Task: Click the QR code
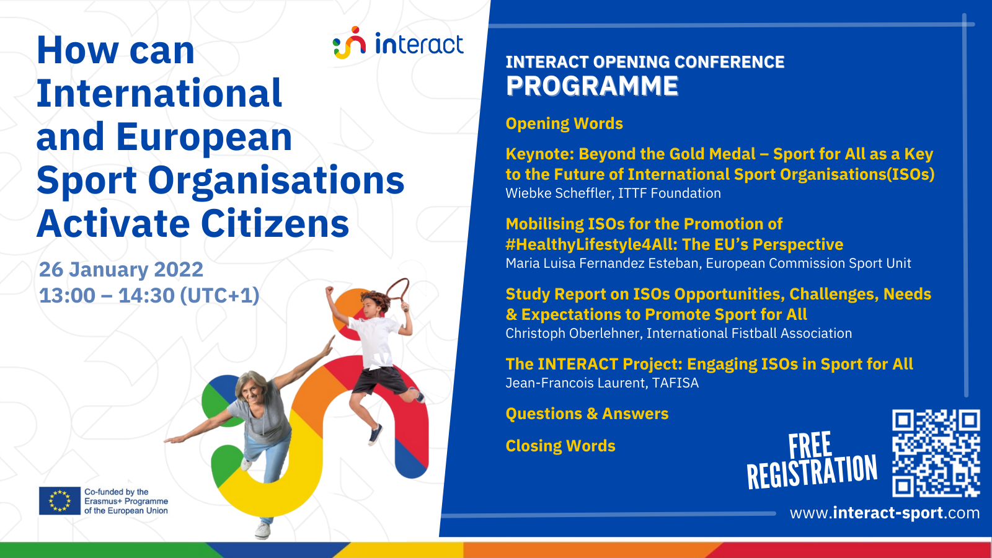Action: [936, 453]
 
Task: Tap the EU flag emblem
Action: [60, 501]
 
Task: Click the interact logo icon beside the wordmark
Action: [349, 43]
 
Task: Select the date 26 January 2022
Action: [121, 269]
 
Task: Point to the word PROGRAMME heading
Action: [592, 86]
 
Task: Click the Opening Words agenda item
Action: [564, 123]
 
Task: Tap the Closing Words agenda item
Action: [560, 446]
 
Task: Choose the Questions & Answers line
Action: [587, 414]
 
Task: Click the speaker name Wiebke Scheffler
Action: [557, 193]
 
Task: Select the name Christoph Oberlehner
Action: [573, 333]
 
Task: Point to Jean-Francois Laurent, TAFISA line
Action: [602, 383]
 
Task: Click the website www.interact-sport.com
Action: [884, 513]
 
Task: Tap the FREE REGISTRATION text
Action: [812, 461]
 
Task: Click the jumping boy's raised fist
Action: [329, 291]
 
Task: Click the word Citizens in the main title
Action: [275, 224]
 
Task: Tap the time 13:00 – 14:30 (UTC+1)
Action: [149, 296]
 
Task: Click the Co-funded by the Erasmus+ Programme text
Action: [126, 502]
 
